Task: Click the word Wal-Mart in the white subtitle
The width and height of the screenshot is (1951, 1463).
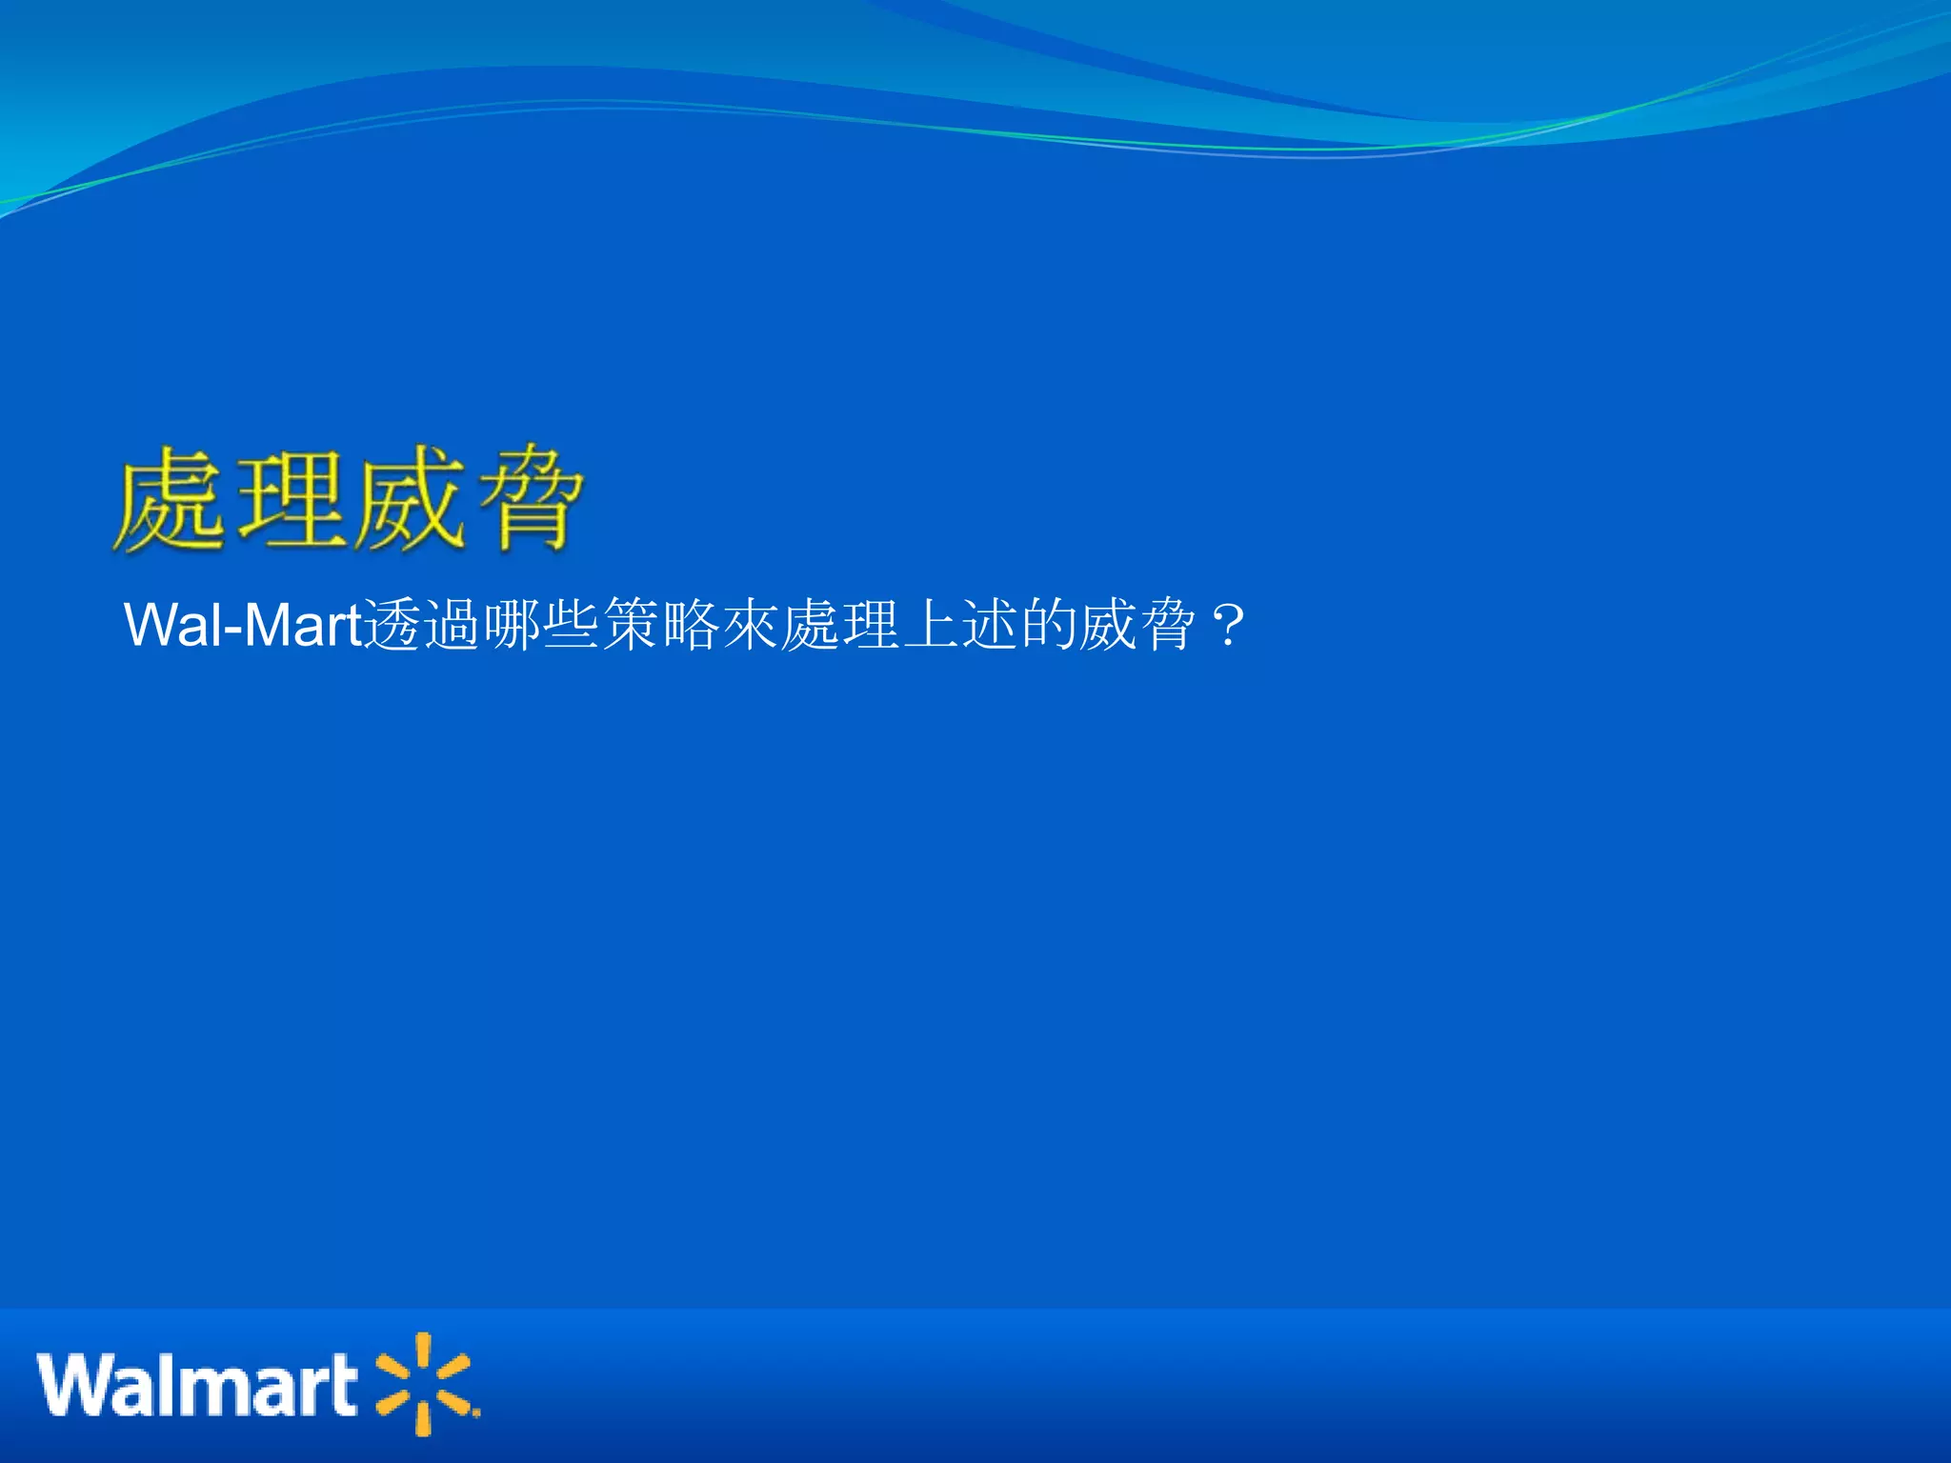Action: click(x=244, y=626)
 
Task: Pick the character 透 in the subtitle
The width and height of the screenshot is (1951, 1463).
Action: click(x=392, y=626)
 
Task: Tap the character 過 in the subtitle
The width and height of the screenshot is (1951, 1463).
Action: click(x=452, y=626)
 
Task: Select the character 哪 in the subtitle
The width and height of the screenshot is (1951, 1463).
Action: click(x=512, y=626)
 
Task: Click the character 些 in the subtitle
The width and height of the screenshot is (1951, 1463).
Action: click(x=571, y=626)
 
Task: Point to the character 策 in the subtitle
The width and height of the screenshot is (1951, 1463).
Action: click(x=631, y=626)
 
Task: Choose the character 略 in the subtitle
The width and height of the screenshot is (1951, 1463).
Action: click(x=690, y=626)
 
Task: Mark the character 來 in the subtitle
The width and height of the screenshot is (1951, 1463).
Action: click(x=750, y=626)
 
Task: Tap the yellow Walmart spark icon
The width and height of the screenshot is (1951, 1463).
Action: click(x=425, y=1384)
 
